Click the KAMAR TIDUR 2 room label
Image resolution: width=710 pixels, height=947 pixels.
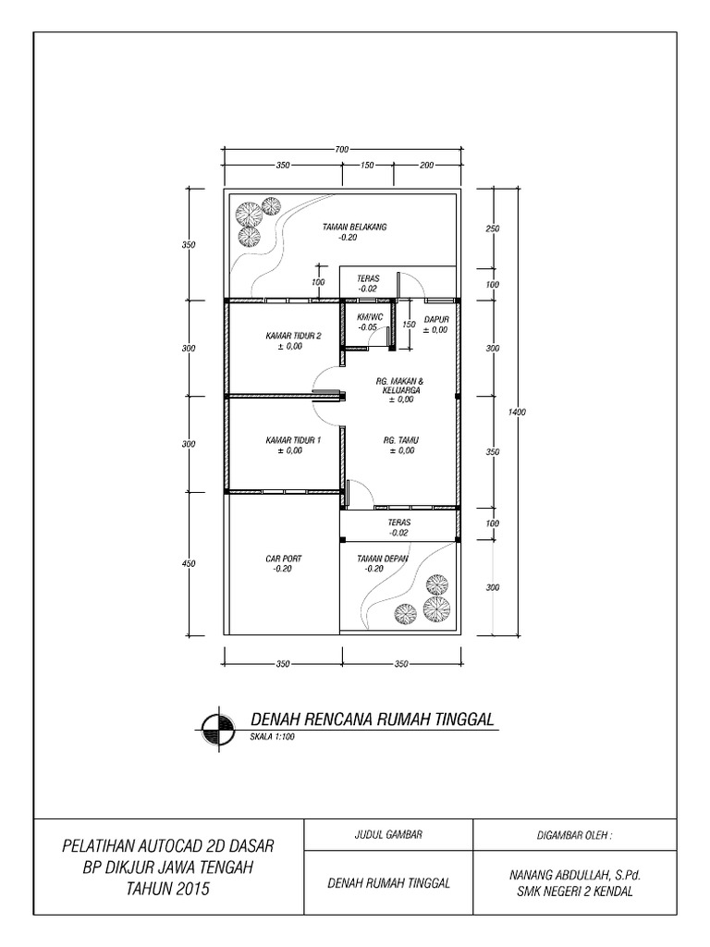tap(293, 335)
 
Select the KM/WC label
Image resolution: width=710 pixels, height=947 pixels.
tap(369, 316)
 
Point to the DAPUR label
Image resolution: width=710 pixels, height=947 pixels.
tap(435, 318)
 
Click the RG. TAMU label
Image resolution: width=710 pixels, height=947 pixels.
tap(401, 440)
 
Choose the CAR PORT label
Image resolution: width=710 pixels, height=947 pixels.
tap(283, 559)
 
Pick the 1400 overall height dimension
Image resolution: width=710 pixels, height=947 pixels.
tap(517, 412)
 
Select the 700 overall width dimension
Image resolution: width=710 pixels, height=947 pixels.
tap(342, 149)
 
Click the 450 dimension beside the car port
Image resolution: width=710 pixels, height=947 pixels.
tap(190, 562)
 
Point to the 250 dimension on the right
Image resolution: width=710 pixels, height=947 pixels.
tap(492, 228)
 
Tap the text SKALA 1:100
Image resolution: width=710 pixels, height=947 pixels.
tap(272, 738)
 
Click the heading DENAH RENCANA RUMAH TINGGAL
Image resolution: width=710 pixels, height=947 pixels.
tap(374, 719)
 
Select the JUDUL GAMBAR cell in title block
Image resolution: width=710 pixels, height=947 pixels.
tap(388, 834)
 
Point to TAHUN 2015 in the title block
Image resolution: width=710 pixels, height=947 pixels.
tap(168, 890)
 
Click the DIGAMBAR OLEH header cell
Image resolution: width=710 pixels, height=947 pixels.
tap(574, 834)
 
